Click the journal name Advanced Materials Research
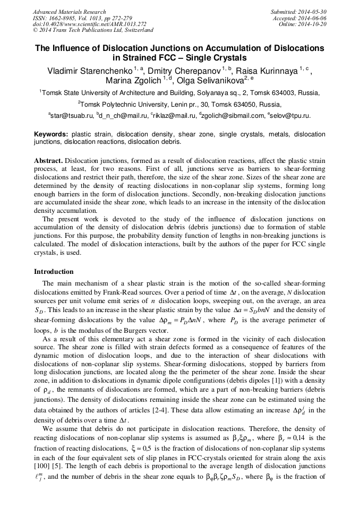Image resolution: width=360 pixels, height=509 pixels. (x=69, y=12)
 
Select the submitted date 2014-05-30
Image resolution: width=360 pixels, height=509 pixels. (x=313, y=12)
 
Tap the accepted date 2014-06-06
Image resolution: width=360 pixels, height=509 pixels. (x=313, y=18)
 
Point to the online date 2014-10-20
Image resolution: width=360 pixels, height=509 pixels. (x=314, y=24)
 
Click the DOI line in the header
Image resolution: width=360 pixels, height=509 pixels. (x=89, y=24)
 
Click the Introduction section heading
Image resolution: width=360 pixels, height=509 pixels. (x=54, y=271)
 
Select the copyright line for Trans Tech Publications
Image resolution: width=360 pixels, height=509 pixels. (x=93, y=30)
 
